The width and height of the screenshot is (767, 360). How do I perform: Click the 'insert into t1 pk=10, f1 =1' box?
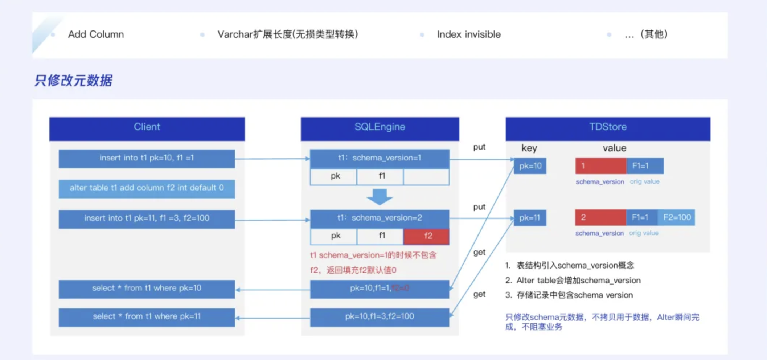[147, 159]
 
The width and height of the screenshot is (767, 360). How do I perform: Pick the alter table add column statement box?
[147, 189]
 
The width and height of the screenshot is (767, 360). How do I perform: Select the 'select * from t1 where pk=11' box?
[147, 317]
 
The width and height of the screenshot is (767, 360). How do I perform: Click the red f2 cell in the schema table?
[427, 236]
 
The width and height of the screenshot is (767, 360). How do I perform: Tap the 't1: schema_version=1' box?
[380, 158]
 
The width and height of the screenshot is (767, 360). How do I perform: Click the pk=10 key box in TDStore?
[530, 166]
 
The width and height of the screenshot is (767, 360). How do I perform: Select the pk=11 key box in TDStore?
[530, 218]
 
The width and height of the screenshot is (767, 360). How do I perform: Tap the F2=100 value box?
[677, 218]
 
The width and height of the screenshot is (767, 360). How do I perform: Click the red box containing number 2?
[600, 218]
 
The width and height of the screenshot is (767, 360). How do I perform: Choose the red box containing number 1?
[600, 166]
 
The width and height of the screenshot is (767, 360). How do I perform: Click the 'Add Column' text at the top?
[96, 34]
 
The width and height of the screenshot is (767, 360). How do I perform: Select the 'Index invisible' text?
[469, 34]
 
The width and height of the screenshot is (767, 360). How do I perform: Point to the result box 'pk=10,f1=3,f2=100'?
[380, 317]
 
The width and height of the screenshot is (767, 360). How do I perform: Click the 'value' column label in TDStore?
[614, 148]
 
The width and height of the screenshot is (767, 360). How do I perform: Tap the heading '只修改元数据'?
[74, 81]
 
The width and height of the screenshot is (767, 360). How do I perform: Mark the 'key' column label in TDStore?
[529, 148]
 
